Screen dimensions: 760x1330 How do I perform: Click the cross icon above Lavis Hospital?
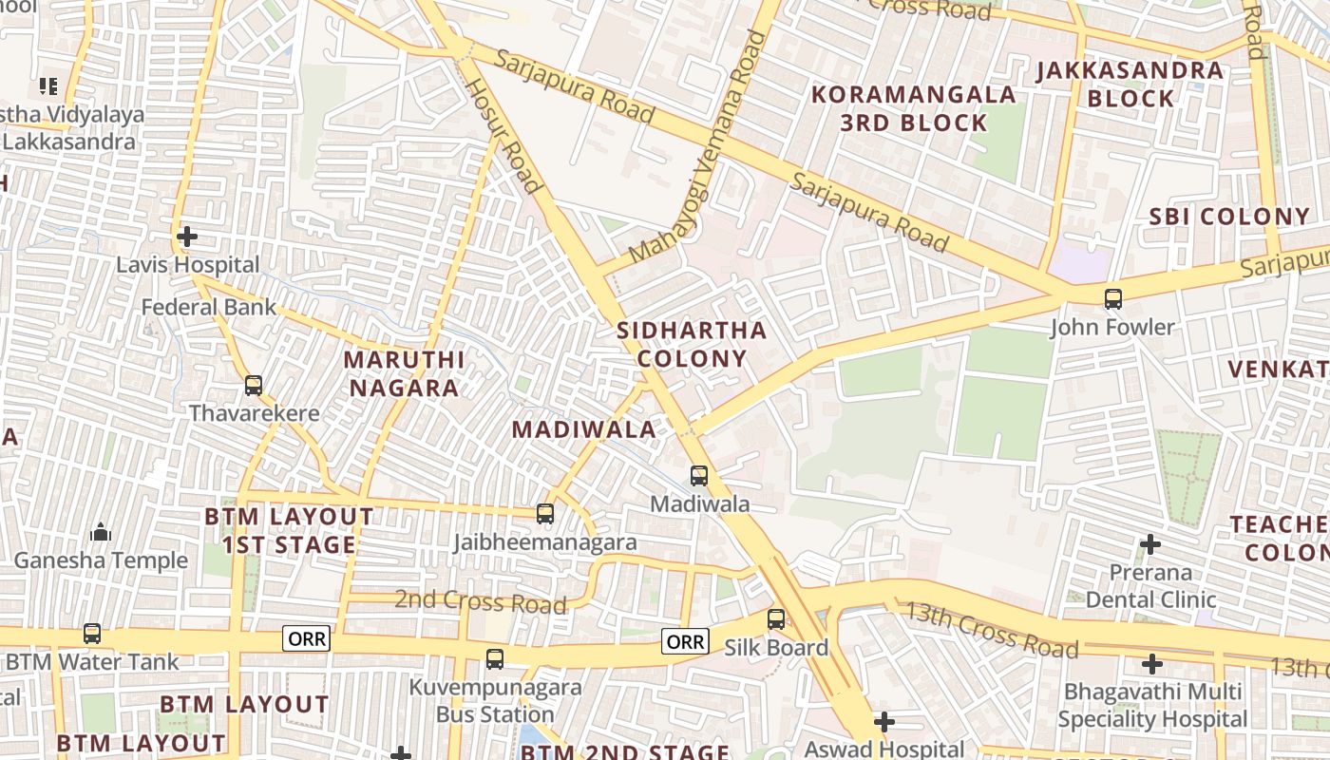pyautogui.click(x=187, y=236)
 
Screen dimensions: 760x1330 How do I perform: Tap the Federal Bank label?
pyautogui.click(x=209, y=307)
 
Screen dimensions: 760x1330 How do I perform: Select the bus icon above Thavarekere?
pyautogui.click(x=254, y=386)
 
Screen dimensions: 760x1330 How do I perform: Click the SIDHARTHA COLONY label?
pyautogui.click(x=692, y=344)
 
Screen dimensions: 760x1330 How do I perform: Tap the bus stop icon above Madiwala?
pyautogui.click(x=699, y=475)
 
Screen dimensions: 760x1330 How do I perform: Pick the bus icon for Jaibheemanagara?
pyautogui.click(x=545, y=514)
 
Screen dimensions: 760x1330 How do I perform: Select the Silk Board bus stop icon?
pyautogui.click(x=776, y=619)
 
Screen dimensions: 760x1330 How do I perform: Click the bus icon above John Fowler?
pyautogui.click(x=1113, y=299)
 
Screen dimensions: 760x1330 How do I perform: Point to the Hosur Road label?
pyautogui.click(x=503, y=135)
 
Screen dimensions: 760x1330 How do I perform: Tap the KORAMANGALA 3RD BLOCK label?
pyautogui.click(x=914, y=108)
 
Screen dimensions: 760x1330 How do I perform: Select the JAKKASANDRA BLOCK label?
pyautogui.click(x=1130, y=84)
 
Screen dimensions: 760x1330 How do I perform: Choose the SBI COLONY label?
pyautogui.click(x=1229, y=217)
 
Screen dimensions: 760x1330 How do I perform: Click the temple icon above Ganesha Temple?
pyautogui.click(x=100, y=532)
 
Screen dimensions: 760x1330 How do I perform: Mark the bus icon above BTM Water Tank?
pyautogui.click(x=92, y=633)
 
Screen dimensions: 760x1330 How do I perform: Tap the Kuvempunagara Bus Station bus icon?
pyautogui.click(x=495, y=658)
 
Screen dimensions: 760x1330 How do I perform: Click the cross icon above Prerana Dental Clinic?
pyautogui.click(x=1150, y=544)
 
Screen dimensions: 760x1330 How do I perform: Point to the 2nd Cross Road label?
pyautogui.click(x=481, y=601)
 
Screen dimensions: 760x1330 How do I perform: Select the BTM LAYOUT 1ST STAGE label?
pyautogui.click(x=290, y=530)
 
